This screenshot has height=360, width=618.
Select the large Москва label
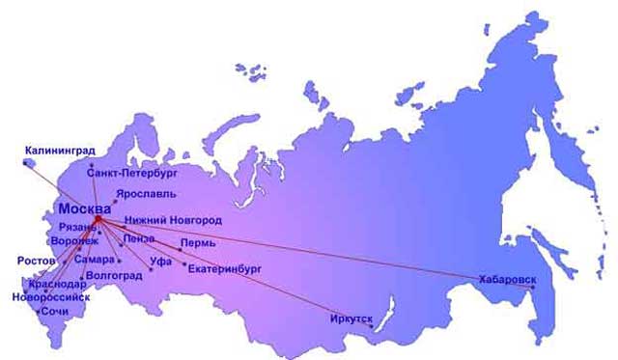pyautogui.click(x=84, y=208)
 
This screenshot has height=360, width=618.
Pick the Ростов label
pyautogui.click(x=36, y=261)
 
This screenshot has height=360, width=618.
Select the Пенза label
pyautogui.click(x=139, y=238)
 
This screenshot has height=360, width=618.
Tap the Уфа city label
pyautogui.click(x=161, y=262)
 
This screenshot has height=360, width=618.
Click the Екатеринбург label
pyautogui.click(x=225, y=267)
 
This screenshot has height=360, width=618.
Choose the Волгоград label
pyautogui.click(x=114, y=276)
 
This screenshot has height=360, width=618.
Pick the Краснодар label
pyautogui.click(x=56, y=286)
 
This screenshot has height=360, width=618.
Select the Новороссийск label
pyautogui.click(x=50, y=297)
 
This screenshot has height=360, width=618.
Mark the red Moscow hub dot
pyautogui.click(x=98, y=219)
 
